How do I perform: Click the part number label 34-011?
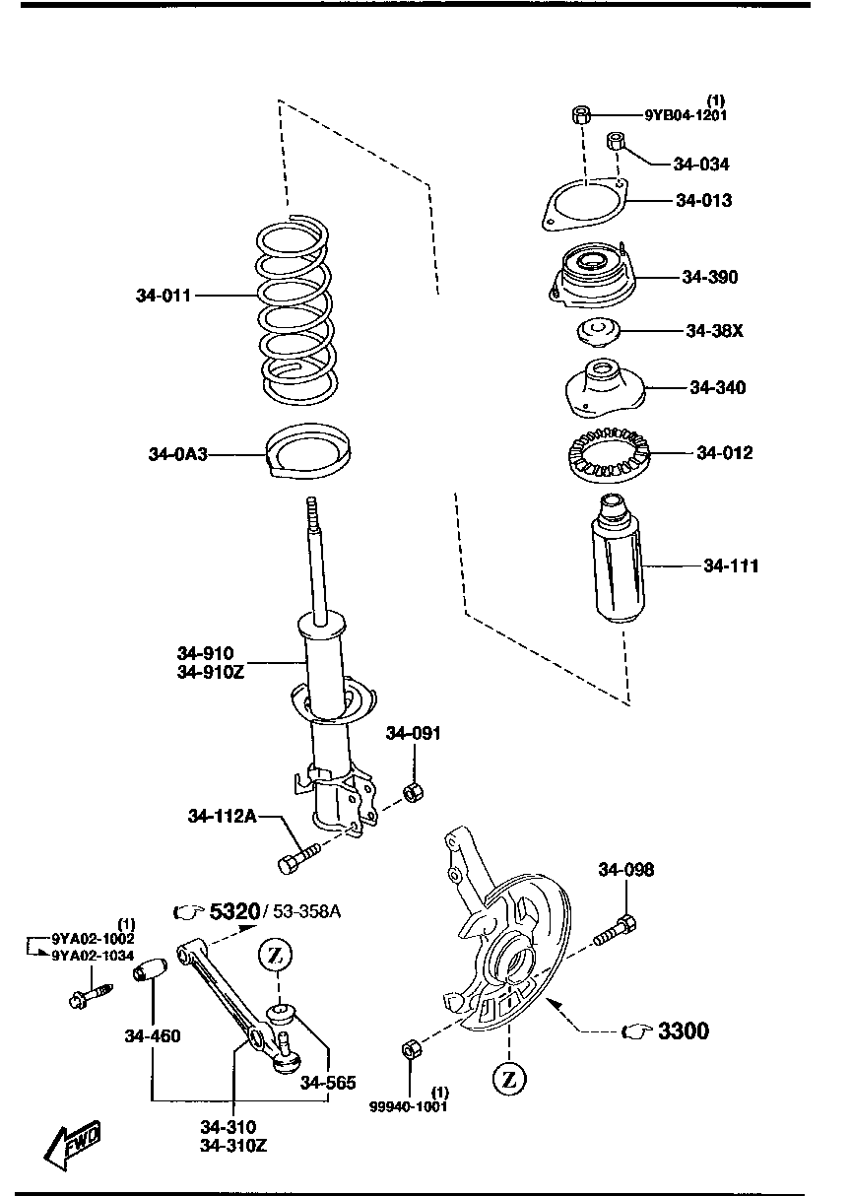(164, 295)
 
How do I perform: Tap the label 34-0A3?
(178, 454)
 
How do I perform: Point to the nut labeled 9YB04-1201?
(580, 115)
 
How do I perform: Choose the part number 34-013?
(703, 200)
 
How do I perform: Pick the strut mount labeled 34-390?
(587, 275)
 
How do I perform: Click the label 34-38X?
(714, 330)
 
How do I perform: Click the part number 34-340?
(717, 387)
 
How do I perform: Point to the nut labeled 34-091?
(415, 790)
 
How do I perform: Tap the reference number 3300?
(683, 1031)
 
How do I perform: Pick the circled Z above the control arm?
(277, 954)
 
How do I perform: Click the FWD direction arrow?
(75, 1143)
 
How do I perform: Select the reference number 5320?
(233, 912)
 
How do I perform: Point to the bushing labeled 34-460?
(151, 969)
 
